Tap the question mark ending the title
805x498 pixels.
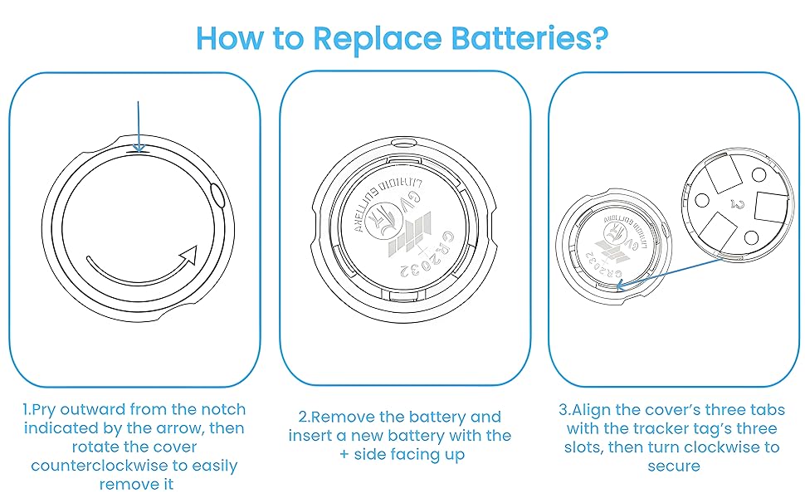pyautogui.click(x=599, y=37)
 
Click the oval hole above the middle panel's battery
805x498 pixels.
pyautogui.click(x=404, y=144)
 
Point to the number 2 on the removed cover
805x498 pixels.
pyautogui.click(x=734, y=203)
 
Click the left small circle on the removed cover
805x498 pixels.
pyautogui.click(x=701, y=200)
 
